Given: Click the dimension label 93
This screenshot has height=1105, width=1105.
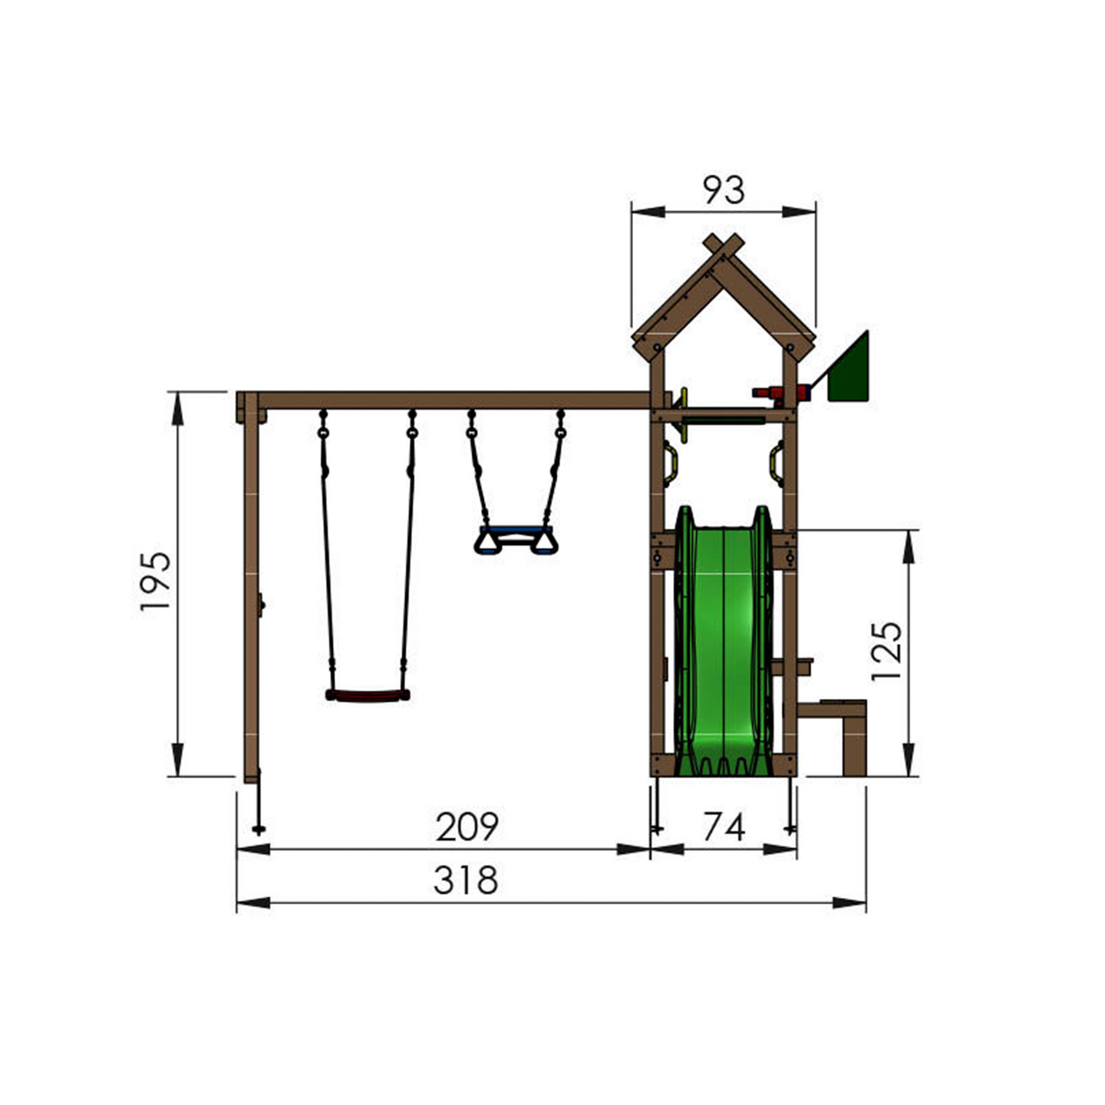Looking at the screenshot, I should pos(723,190).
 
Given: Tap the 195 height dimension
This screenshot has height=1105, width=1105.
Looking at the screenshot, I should pos(156,581).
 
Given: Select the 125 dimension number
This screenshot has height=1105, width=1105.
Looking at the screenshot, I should pos(886,651).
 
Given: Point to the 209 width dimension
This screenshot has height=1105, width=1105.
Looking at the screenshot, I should pos(467,827).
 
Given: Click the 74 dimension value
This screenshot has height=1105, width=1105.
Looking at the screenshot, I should pos(724,827).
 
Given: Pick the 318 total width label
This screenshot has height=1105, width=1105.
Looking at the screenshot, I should pos(466,880).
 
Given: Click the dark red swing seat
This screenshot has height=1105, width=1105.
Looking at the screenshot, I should pos(368,695).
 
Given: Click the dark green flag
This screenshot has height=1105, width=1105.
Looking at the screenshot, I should pos(850,373).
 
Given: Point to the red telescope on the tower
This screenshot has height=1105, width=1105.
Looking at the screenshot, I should pos(780,394).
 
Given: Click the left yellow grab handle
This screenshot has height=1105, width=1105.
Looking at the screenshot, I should pos(670,465).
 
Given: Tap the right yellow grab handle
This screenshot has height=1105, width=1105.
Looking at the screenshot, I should pos(777,465).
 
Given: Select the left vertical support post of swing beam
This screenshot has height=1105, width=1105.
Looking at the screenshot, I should pos(251,591).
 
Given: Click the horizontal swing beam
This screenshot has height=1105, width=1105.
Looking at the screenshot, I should pos(453,400).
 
